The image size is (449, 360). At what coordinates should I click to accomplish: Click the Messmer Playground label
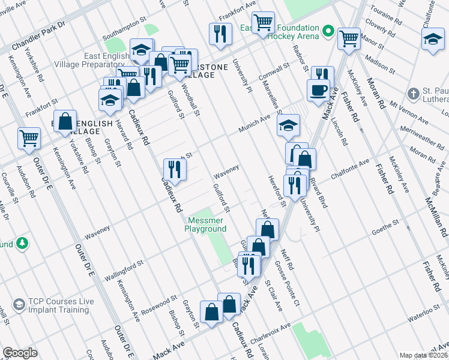[x=205, y=225]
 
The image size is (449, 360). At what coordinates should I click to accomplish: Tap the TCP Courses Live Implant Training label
[x=52, y=305]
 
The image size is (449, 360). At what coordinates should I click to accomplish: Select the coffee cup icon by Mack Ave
[x=318, y=91]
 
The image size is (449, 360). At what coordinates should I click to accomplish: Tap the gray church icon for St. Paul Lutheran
[x=412, y=94]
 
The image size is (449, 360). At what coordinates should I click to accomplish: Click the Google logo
[x=20, y=353]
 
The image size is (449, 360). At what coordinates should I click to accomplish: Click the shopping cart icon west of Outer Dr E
[x=29, y=139]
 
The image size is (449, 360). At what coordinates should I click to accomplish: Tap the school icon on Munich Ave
[x=288, y=126]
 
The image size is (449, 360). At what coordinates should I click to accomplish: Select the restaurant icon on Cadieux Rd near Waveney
[x=175, y=170]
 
